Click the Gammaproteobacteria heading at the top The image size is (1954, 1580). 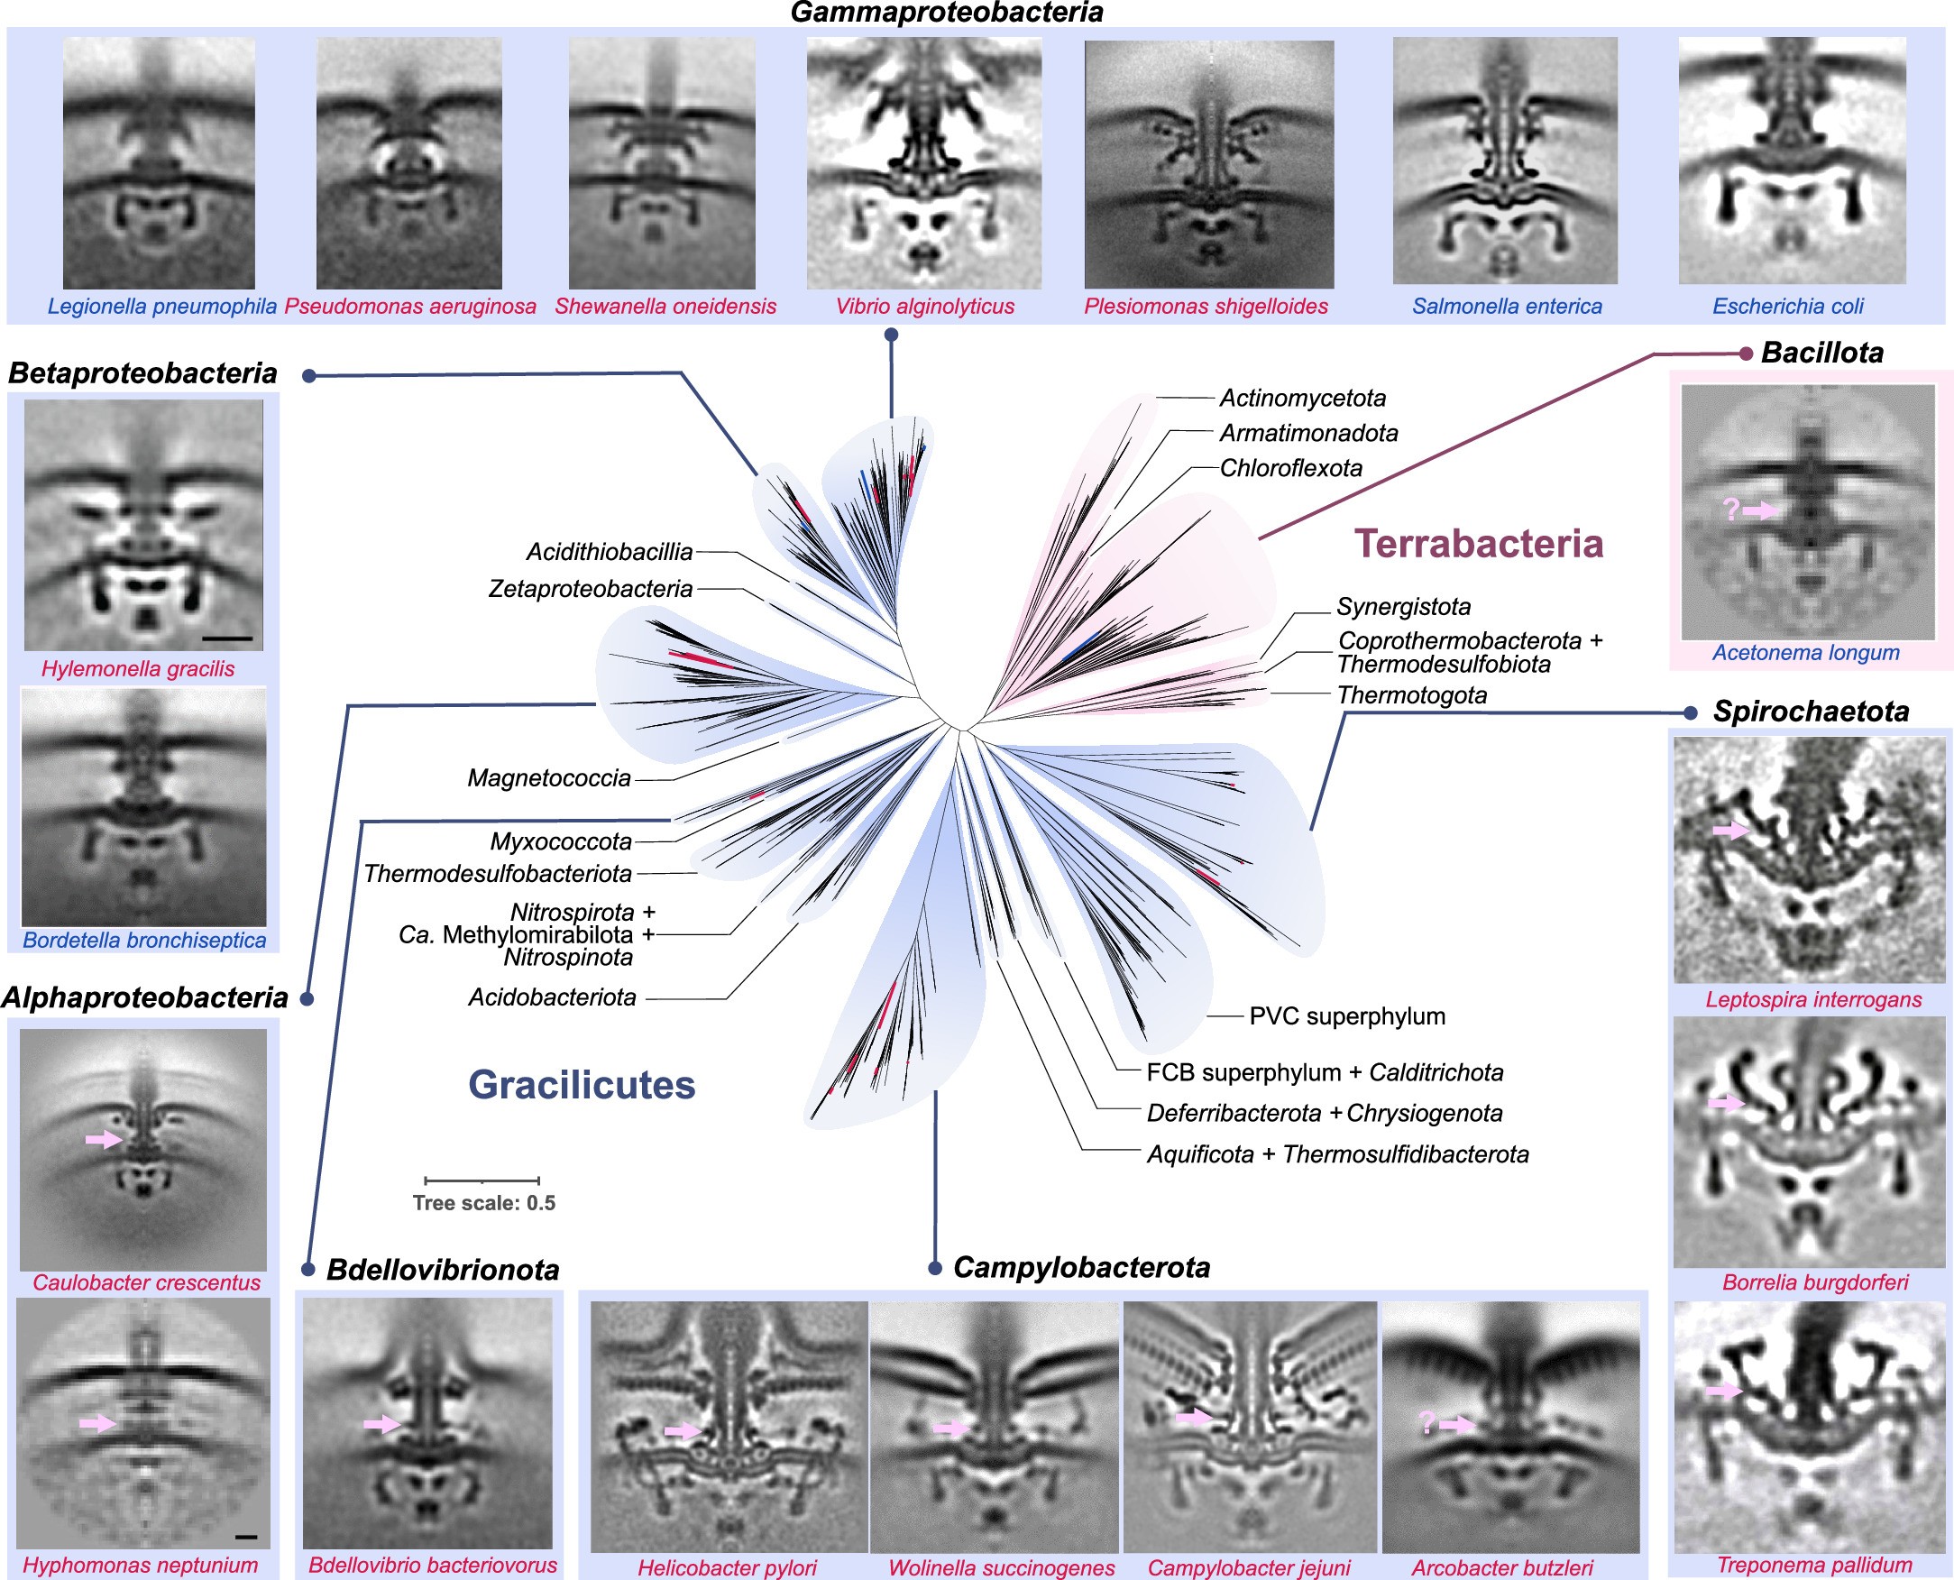pos(947,13)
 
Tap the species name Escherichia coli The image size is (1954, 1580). pos(1787,307)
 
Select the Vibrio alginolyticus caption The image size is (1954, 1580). pos(924,307)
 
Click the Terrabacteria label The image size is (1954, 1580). pos(1479,545)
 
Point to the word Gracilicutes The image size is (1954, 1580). pos(582,1085)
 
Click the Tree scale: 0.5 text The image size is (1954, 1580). pos(483,1203)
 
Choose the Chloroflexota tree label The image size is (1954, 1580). pos(1290,469)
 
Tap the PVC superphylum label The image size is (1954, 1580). pos(1347,1016)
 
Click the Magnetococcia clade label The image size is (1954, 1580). pos(549,778)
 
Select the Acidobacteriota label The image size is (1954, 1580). pos(553,997)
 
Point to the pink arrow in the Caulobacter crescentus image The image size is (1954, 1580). pos(104,1139)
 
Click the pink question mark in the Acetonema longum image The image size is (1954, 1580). pos(1731,509)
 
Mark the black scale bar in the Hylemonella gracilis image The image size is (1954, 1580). pos(234,638)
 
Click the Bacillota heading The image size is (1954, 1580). pos(1822,354)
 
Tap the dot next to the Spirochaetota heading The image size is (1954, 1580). pos(1690,712)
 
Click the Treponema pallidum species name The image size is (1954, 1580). pos(1814,1566)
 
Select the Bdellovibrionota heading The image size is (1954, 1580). pos(443,1270)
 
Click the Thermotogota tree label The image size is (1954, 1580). pos(1411,695)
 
